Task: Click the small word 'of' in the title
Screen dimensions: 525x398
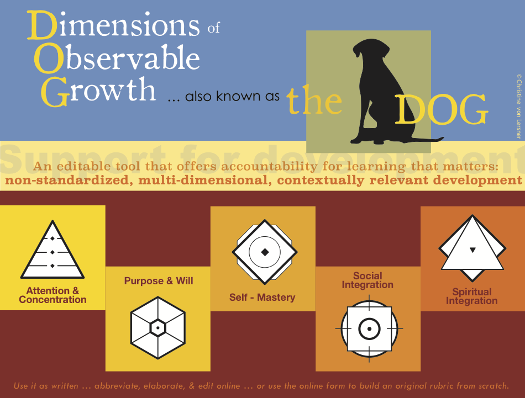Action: tap(213, 28)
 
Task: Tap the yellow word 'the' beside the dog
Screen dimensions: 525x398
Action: tap(314, 100)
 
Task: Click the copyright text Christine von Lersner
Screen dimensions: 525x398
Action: tap(519, 107)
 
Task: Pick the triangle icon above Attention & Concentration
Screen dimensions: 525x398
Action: tap(53, 250)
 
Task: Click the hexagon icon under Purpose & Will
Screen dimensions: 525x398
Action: tap(158, 328)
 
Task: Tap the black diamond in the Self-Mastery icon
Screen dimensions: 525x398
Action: tap(265, 252)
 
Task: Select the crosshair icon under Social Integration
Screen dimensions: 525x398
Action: tap(369, 328)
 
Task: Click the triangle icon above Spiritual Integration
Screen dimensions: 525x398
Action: tap(472, 248)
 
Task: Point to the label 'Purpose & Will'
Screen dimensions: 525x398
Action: tap(159, 280)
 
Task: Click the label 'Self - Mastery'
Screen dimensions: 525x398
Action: tap(262, 298)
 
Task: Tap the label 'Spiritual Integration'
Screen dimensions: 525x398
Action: tap(472, 296)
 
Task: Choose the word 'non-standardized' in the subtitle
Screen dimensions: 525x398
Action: tap(67, 181)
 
